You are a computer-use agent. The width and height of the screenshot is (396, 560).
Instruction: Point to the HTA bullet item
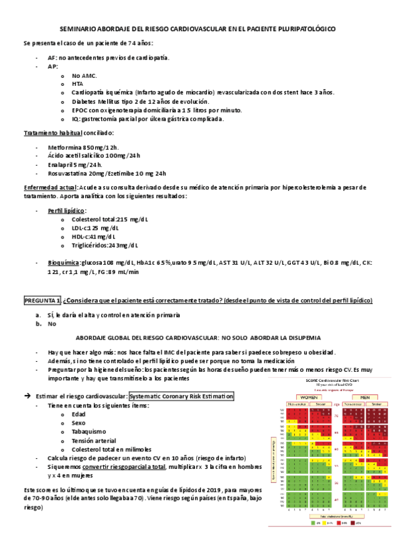click(77, 84)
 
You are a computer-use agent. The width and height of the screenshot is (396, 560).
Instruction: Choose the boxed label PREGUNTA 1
click(43, 300)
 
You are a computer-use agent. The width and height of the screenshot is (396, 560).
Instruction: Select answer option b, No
click(52, 324)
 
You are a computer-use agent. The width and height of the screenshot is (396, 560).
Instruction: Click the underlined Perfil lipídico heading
click(67, 210)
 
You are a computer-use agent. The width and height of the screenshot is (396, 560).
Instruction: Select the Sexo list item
click(79, 423)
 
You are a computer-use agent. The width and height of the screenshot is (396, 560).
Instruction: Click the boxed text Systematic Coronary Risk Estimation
click(182, 396)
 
